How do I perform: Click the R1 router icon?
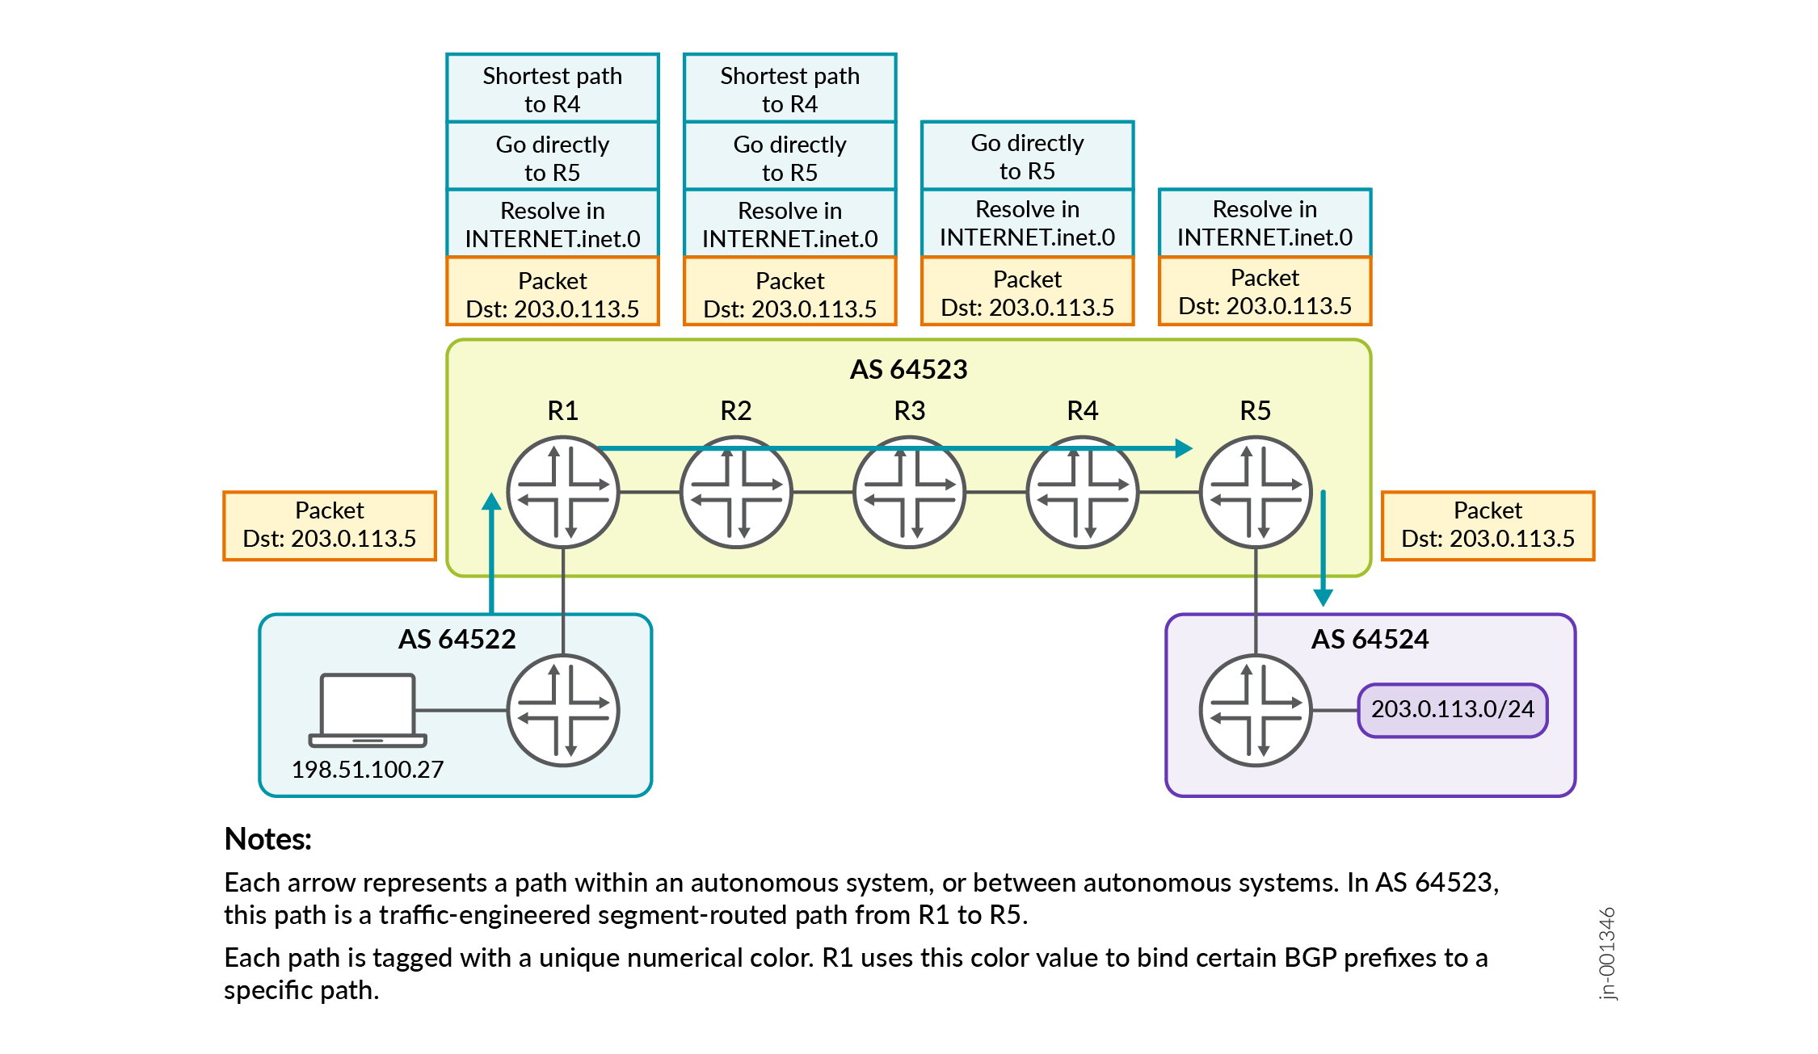[x=563, y=493]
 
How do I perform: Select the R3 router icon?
[x=909, y=493]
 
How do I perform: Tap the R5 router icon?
[x=1256, y=493]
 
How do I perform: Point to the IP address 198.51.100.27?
[x=368, y=769]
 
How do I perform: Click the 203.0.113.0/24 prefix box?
[x=1452, y=710]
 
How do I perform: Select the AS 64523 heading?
[x=908, y=369]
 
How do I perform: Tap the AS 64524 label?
[x=1370, y=639]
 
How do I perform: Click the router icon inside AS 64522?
[x=563, y=711]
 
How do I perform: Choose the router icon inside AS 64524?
[x=1256, y=711]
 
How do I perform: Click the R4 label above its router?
[x=1082, y=410]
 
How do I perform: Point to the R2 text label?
[x=735, y=410]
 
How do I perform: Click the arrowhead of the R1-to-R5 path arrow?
[x=1184, y=448]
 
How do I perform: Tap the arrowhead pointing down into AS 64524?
[x=1323, y=598]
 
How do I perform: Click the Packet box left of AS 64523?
[x=330, y=525]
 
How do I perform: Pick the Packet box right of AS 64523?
[x=1488, y=525]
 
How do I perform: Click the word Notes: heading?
[x=267, y=839]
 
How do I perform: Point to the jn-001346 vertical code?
[x=1607, y=953]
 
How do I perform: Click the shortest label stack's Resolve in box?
[x=1265, y=223]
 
